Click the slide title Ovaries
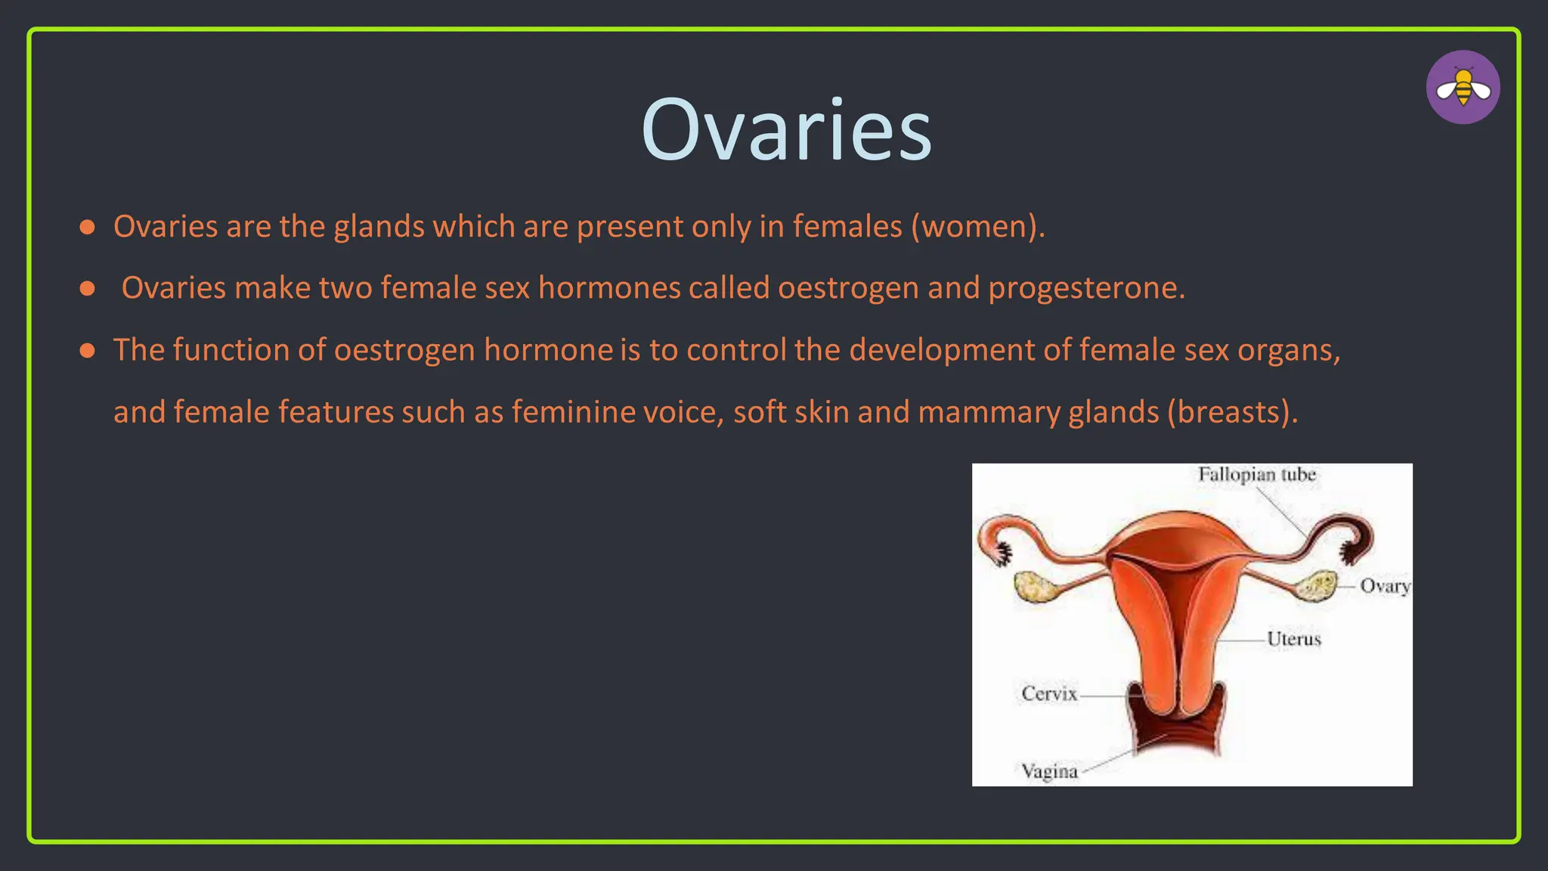786,130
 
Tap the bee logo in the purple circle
1463,87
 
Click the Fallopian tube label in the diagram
1256,475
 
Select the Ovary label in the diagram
1384,586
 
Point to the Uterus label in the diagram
1293,639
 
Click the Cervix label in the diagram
1048,693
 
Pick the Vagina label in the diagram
1049,771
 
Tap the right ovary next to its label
1317,586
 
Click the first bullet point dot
88,227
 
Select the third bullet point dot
88,350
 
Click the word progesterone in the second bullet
1085,288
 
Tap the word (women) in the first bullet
977,227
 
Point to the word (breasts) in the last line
1231,412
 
